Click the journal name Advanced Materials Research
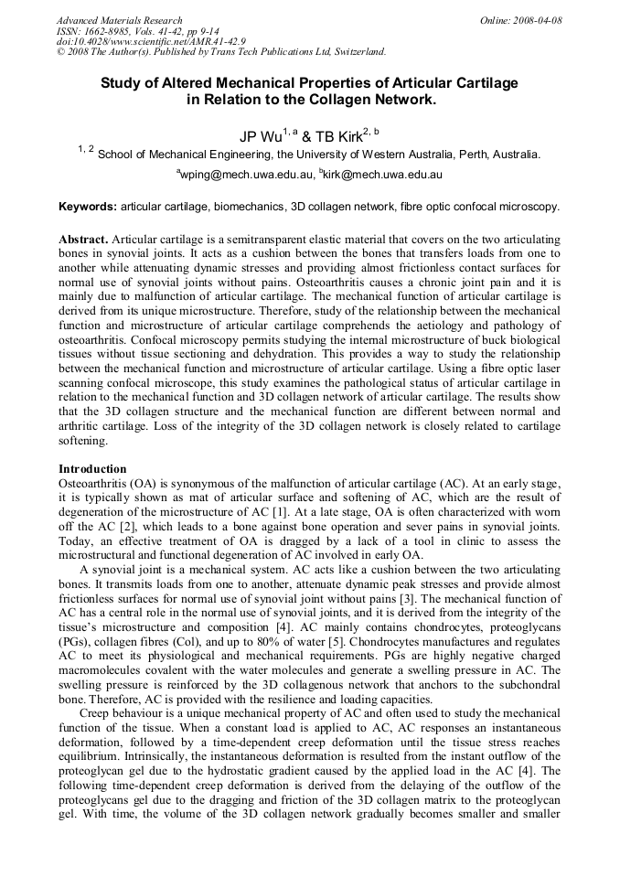click(120, 20)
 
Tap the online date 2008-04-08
click(539, 20)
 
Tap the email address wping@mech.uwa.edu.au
click(244, 174)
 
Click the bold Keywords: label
click(88, 208)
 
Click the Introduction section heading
click(92, 468)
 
